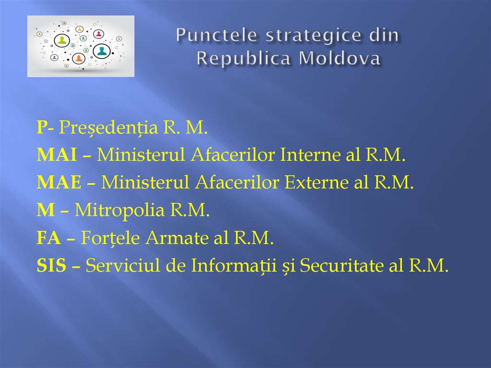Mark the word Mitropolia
113,210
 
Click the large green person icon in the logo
62,40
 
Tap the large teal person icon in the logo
101,50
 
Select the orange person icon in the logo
79,59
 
